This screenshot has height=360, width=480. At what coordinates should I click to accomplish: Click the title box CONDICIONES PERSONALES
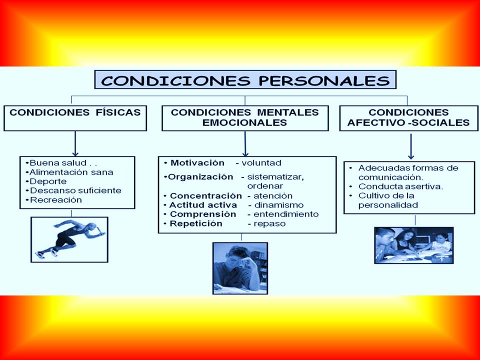(x=245, y=79)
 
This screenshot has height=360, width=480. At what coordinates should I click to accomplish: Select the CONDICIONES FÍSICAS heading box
(x=75, y=118)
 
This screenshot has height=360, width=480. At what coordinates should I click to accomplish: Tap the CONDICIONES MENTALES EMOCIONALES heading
(x=245, y=118)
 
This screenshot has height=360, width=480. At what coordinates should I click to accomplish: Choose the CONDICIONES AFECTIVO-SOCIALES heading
(x=408, y=118)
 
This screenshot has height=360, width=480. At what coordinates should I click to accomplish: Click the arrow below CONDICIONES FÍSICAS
(x=75, y=143)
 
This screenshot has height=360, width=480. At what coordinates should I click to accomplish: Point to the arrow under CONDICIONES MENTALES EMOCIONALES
(x=245, y=144)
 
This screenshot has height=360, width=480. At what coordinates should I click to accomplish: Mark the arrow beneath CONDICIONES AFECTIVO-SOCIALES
(x=411, y=146)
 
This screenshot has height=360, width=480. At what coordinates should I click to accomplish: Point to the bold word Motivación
(x=197, y=163)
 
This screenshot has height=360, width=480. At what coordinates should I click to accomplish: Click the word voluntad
(x=261, y=163)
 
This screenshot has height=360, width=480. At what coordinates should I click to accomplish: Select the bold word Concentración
(x=205, y=196)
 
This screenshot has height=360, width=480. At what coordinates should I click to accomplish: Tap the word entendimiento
(x=286, y=214)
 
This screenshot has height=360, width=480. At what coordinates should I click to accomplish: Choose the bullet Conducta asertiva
(x=400, y=186)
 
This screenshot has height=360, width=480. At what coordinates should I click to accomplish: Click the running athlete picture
(x=69, y=239)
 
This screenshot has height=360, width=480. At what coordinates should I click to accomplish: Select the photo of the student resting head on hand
(x=240, y=268)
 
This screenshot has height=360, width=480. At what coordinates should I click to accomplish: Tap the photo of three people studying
(x=414, y=245)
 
